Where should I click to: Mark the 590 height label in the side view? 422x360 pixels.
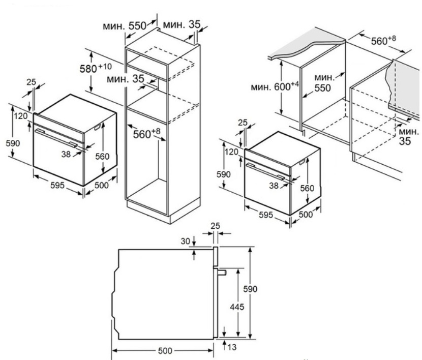point(260,289)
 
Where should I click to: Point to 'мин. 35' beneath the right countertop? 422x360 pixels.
point(405,137)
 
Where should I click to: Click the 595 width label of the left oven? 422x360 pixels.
point(57,186)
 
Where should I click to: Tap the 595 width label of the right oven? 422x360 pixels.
point(266,215)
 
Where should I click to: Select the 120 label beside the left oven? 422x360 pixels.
point(20,116)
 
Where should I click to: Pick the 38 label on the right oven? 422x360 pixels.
point(274,186)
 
